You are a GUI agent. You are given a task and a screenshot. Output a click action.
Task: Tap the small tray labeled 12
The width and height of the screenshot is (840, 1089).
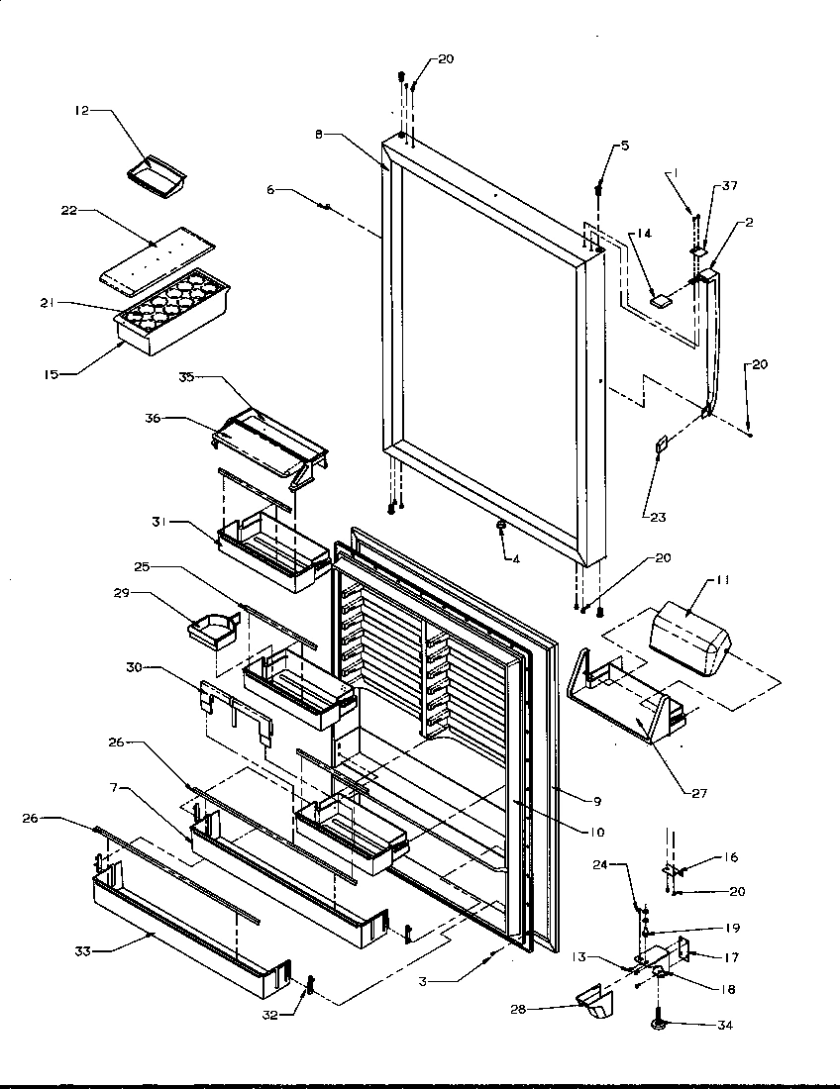pyautogui.click(x=157, y=172)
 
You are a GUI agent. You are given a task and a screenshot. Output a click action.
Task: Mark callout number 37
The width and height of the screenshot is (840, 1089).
pyautogui.click(x=730, y=186)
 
